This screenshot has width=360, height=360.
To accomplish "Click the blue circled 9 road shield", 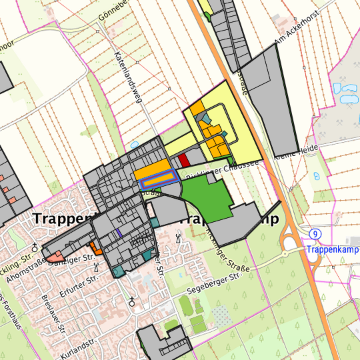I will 316,233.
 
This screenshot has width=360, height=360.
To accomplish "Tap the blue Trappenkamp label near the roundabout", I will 333,249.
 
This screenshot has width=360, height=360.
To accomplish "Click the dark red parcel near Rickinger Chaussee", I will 184,160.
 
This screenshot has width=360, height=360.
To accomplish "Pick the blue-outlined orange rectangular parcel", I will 159,179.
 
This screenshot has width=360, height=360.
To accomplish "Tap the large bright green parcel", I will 206,196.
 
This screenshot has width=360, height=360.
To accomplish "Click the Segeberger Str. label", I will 214,280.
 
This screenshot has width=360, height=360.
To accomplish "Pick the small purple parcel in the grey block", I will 118,233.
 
